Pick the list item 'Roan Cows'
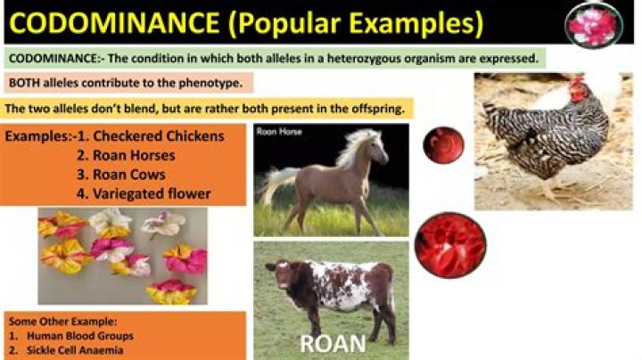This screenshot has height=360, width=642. pyautogui.click(x=130, y=174)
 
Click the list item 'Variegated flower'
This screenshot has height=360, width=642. pyautogui.click(x=152, y=192)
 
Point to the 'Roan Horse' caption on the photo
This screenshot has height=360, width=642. pyautogui.click(x=279, y=132)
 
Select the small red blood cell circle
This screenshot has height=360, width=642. pyautogui.click(x=442, y=144)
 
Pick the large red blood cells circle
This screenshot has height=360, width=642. pyautogui.click(x=449, y=244)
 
